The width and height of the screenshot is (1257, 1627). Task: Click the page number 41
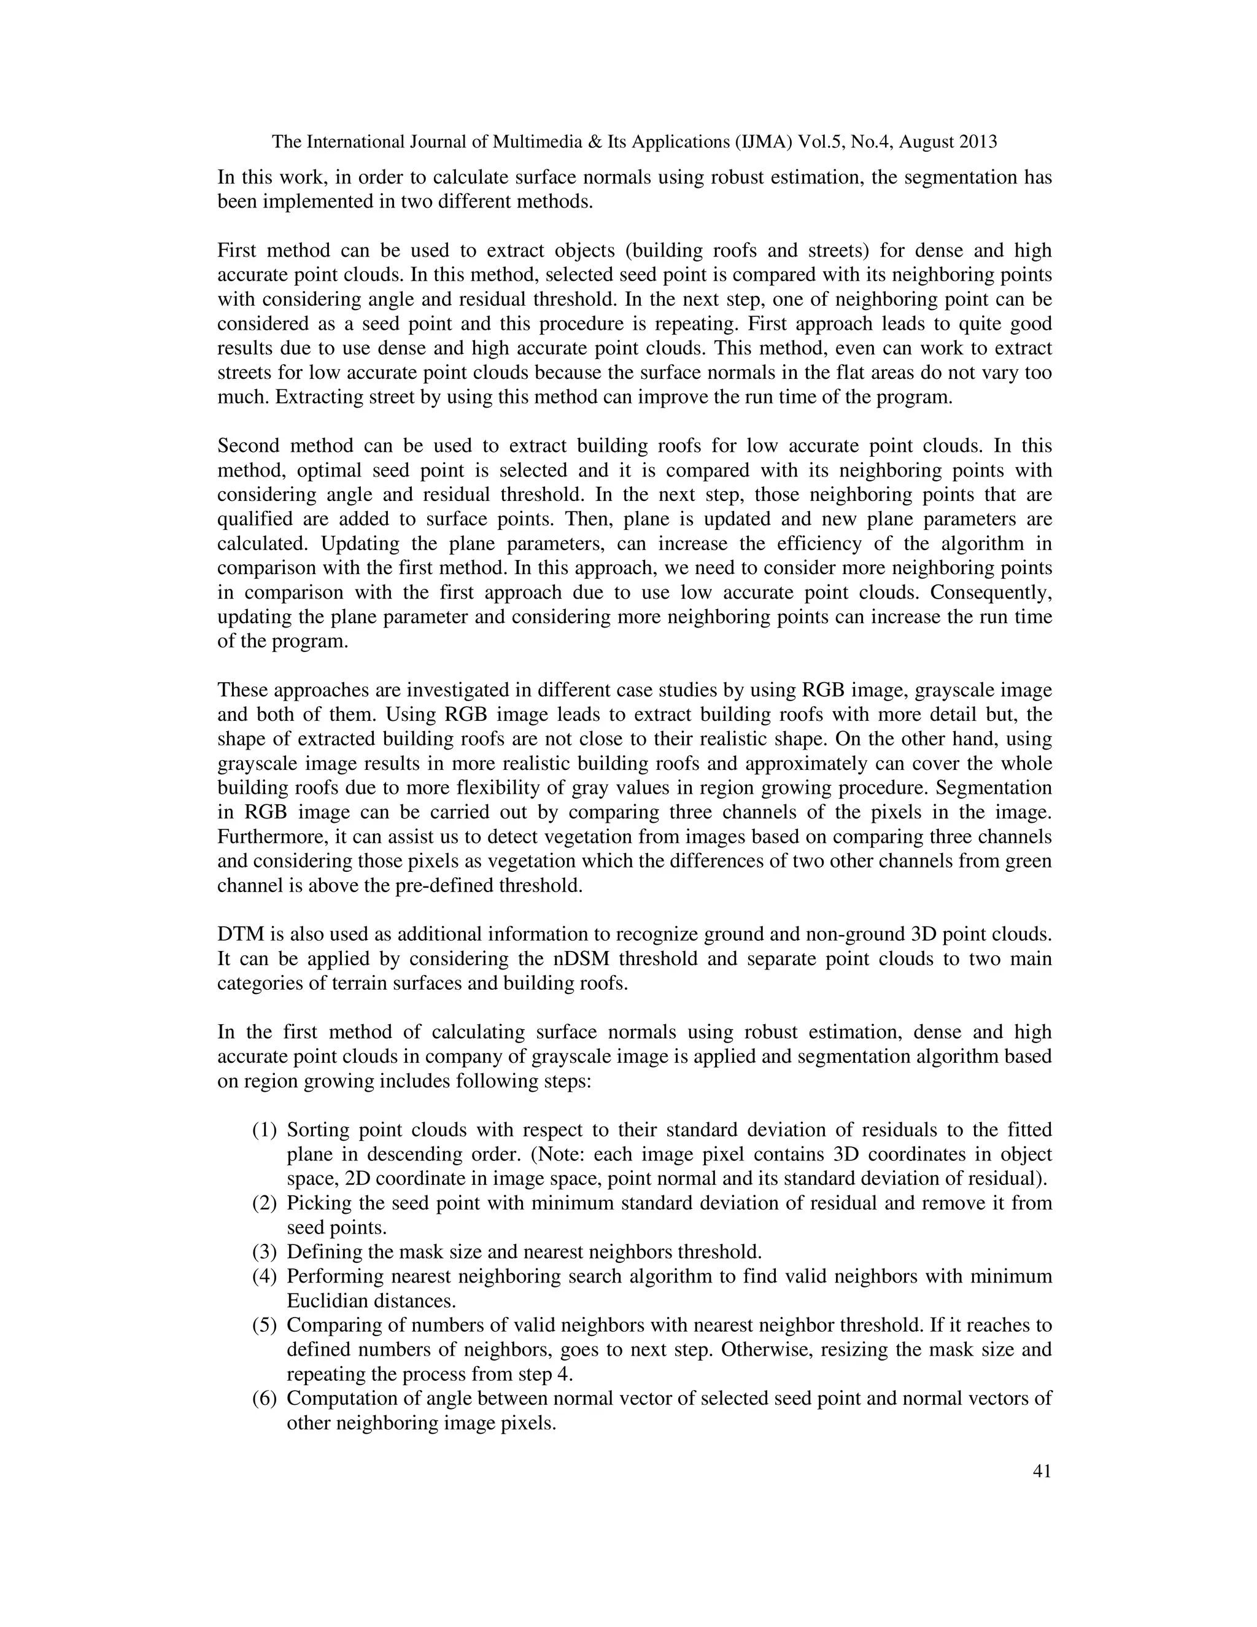click(1042, 1471)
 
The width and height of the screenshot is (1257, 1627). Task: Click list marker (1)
click(265, 1130)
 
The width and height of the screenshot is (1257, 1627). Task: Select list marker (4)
click(265, 1277)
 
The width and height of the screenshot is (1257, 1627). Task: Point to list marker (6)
click(265, 1398)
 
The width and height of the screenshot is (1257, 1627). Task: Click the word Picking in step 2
click(317, 1204)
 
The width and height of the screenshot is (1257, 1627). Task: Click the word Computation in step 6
click(335, 1398)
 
